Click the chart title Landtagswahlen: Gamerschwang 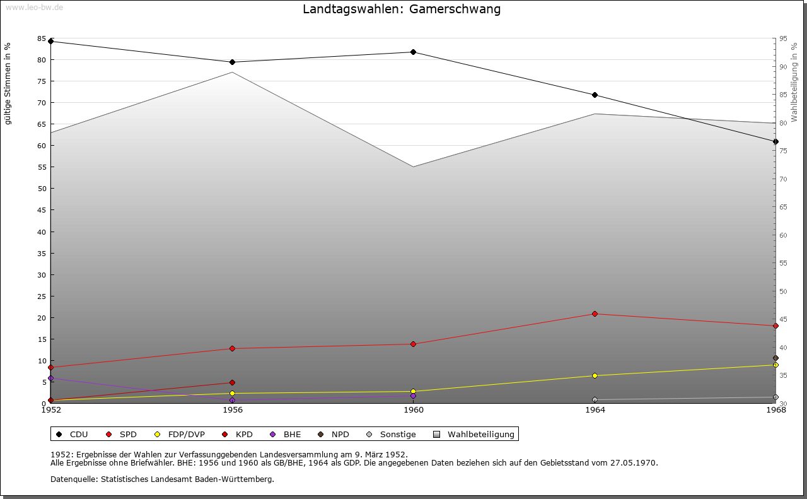(402, 9)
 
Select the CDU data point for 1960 (413, 52)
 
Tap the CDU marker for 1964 (595, 95)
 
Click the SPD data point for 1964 (595, 314)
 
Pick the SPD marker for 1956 (232, 348)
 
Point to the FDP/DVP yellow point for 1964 (595, 376)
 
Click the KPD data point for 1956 (232, 382)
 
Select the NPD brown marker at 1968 (775, 358)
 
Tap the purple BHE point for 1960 (413, 396)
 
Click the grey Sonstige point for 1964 (595, 399)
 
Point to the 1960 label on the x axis (414, 410)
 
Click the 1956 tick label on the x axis (233, 410)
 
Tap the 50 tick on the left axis (42, 189)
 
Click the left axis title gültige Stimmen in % (8, 83)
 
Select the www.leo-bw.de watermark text (34, 7)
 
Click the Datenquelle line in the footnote (162, 479)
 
